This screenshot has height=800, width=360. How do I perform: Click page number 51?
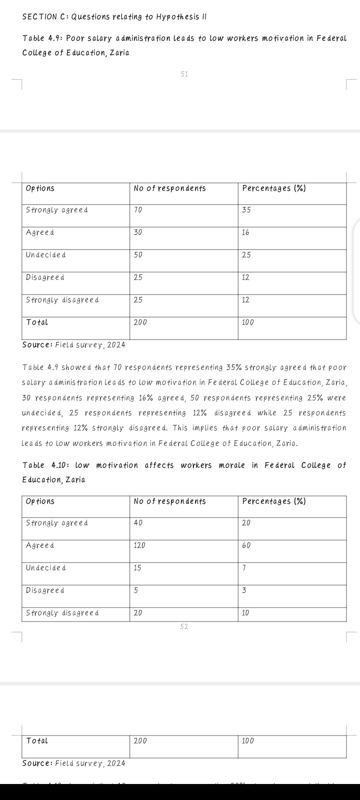184,74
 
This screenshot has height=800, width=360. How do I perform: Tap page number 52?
184,626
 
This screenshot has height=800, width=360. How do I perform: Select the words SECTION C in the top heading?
44,17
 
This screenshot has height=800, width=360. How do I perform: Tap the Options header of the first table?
40,188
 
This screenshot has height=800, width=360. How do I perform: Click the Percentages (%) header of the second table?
274,501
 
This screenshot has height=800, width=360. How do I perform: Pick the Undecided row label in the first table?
45,255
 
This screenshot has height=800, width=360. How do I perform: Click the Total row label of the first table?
37,322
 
